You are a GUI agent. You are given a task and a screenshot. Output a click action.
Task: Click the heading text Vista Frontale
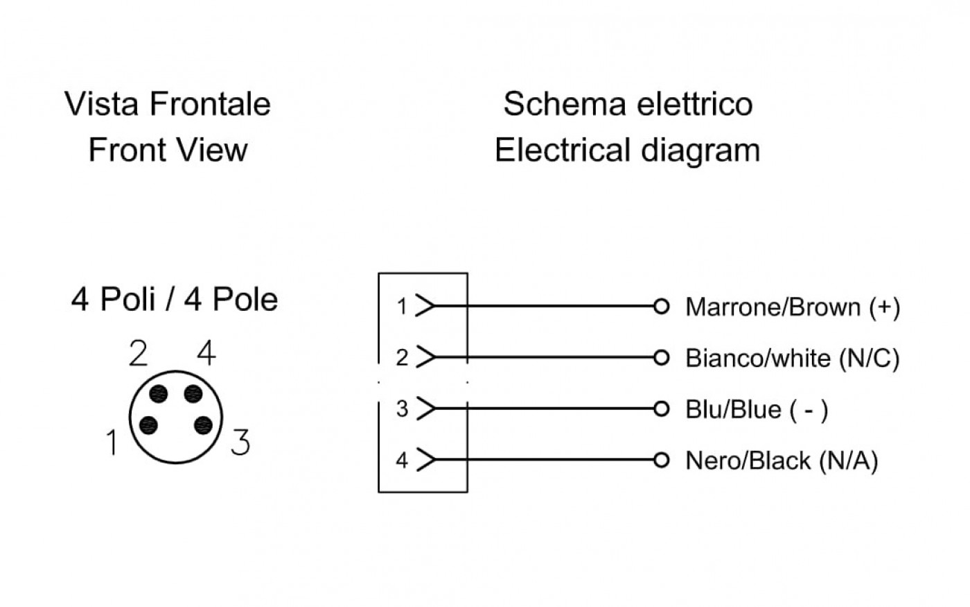click(x=168, y=104)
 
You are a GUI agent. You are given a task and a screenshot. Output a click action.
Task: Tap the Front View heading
click(x=168, y=150)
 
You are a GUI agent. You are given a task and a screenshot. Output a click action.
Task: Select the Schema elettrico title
click(x=628, y=104)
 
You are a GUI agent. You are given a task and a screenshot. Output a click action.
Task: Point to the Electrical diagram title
click(x=628, y=151)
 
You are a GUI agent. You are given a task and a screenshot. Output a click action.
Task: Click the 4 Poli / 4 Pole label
click(x=175, y=300)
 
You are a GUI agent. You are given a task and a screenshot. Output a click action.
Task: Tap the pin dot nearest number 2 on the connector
click(x=158, y=394)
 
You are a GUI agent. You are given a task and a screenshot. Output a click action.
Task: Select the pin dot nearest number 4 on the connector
click(x=193, y=394)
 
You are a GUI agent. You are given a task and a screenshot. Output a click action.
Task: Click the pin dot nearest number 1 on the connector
click(x=148, y=425)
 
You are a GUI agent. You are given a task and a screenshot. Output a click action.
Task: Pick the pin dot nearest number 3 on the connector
click(x=203, y=425)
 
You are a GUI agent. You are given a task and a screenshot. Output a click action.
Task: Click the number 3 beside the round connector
click(x=241, y=442)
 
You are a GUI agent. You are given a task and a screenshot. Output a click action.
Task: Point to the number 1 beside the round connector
click(x=112, y=443)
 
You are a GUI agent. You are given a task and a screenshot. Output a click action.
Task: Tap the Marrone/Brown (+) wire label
click(x=793, y=307)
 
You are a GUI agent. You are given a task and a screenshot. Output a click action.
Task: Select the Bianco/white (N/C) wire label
click(x=793, y=359)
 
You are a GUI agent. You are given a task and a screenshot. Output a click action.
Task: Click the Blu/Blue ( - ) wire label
click(x=757, y=410)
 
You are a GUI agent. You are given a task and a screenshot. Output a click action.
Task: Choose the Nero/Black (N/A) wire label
click(x=782, y=461)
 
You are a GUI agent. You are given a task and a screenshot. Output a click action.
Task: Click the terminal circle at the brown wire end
click(x=661, y=307)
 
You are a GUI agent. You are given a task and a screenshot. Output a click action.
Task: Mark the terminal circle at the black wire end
click(x=661, y=460)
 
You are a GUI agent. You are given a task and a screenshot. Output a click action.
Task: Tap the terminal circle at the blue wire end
click(x=661, y=409)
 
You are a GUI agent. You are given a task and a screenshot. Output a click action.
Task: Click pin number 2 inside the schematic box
click(x=403, y=358)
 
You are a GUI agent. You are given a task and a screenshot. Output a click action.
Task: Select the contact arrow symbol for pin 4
click(x=425, y=459)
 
